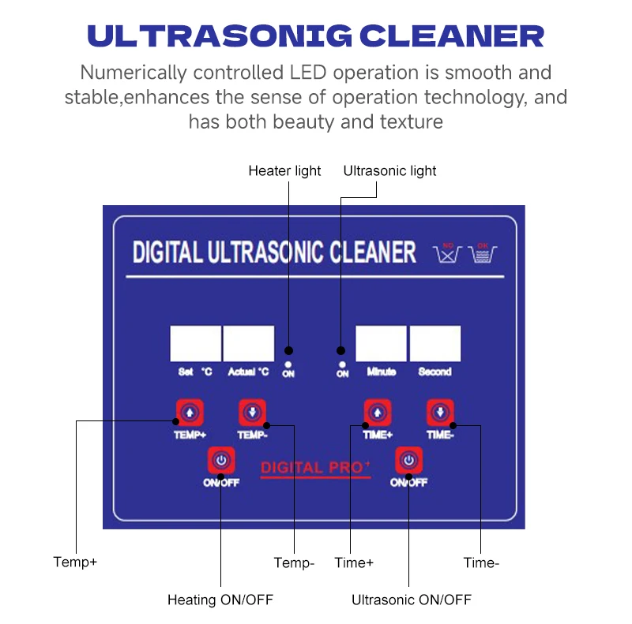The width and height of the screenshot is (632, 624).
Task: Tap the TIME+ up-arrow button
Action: tap(377, 412)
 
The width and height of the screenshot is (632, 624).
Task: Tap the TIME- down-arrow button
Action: tap(440, 412)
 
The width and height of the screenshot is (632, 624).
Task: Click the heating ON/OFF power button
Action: tap(221, 459)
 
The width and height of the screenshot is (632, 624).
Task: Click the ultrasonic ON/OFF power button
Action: tap(408, 459)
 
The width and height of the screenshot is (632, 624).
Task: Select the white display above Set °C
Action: tap(196, 344)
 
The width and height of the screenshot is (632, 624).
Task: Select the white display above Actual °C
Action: tap(249, 344)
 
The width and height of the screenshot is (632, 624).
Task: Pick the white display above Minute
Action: tap(381, 344)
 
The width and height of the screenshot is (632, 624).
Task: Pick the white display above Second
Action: tap(434, 344)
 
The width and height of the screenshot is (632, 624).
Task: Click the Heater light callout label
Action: tap(284, 170)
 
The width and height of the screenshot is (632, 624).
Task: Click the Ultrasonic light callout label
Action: tap(389, 170)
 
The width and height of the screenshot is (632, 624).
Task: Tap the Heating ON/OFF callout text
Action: tap(220, 600)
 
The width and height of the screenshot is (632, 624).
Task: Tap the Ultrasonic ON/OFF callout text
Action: tap(411, 600)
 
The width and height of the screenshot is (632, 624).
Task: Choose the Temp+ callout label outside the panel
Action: tap(75, 562)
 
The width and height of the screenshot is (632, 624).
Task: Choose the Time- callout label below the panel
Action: tap(481, 562)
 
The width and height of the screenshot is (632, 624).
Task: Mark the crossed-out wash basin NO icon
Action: tap(448, 253)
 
